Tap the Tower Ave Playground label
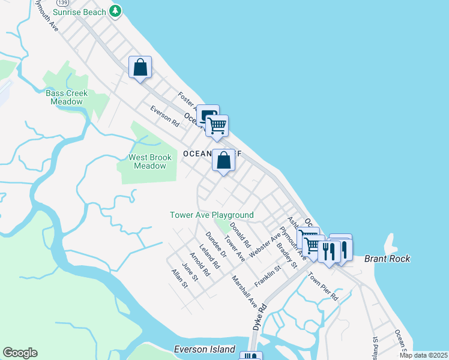211,215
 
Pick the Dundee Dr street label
215,245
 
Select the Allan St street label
179,278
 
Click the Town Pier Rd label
324,286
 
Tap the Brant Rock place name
387,259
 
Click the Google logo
20,353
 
